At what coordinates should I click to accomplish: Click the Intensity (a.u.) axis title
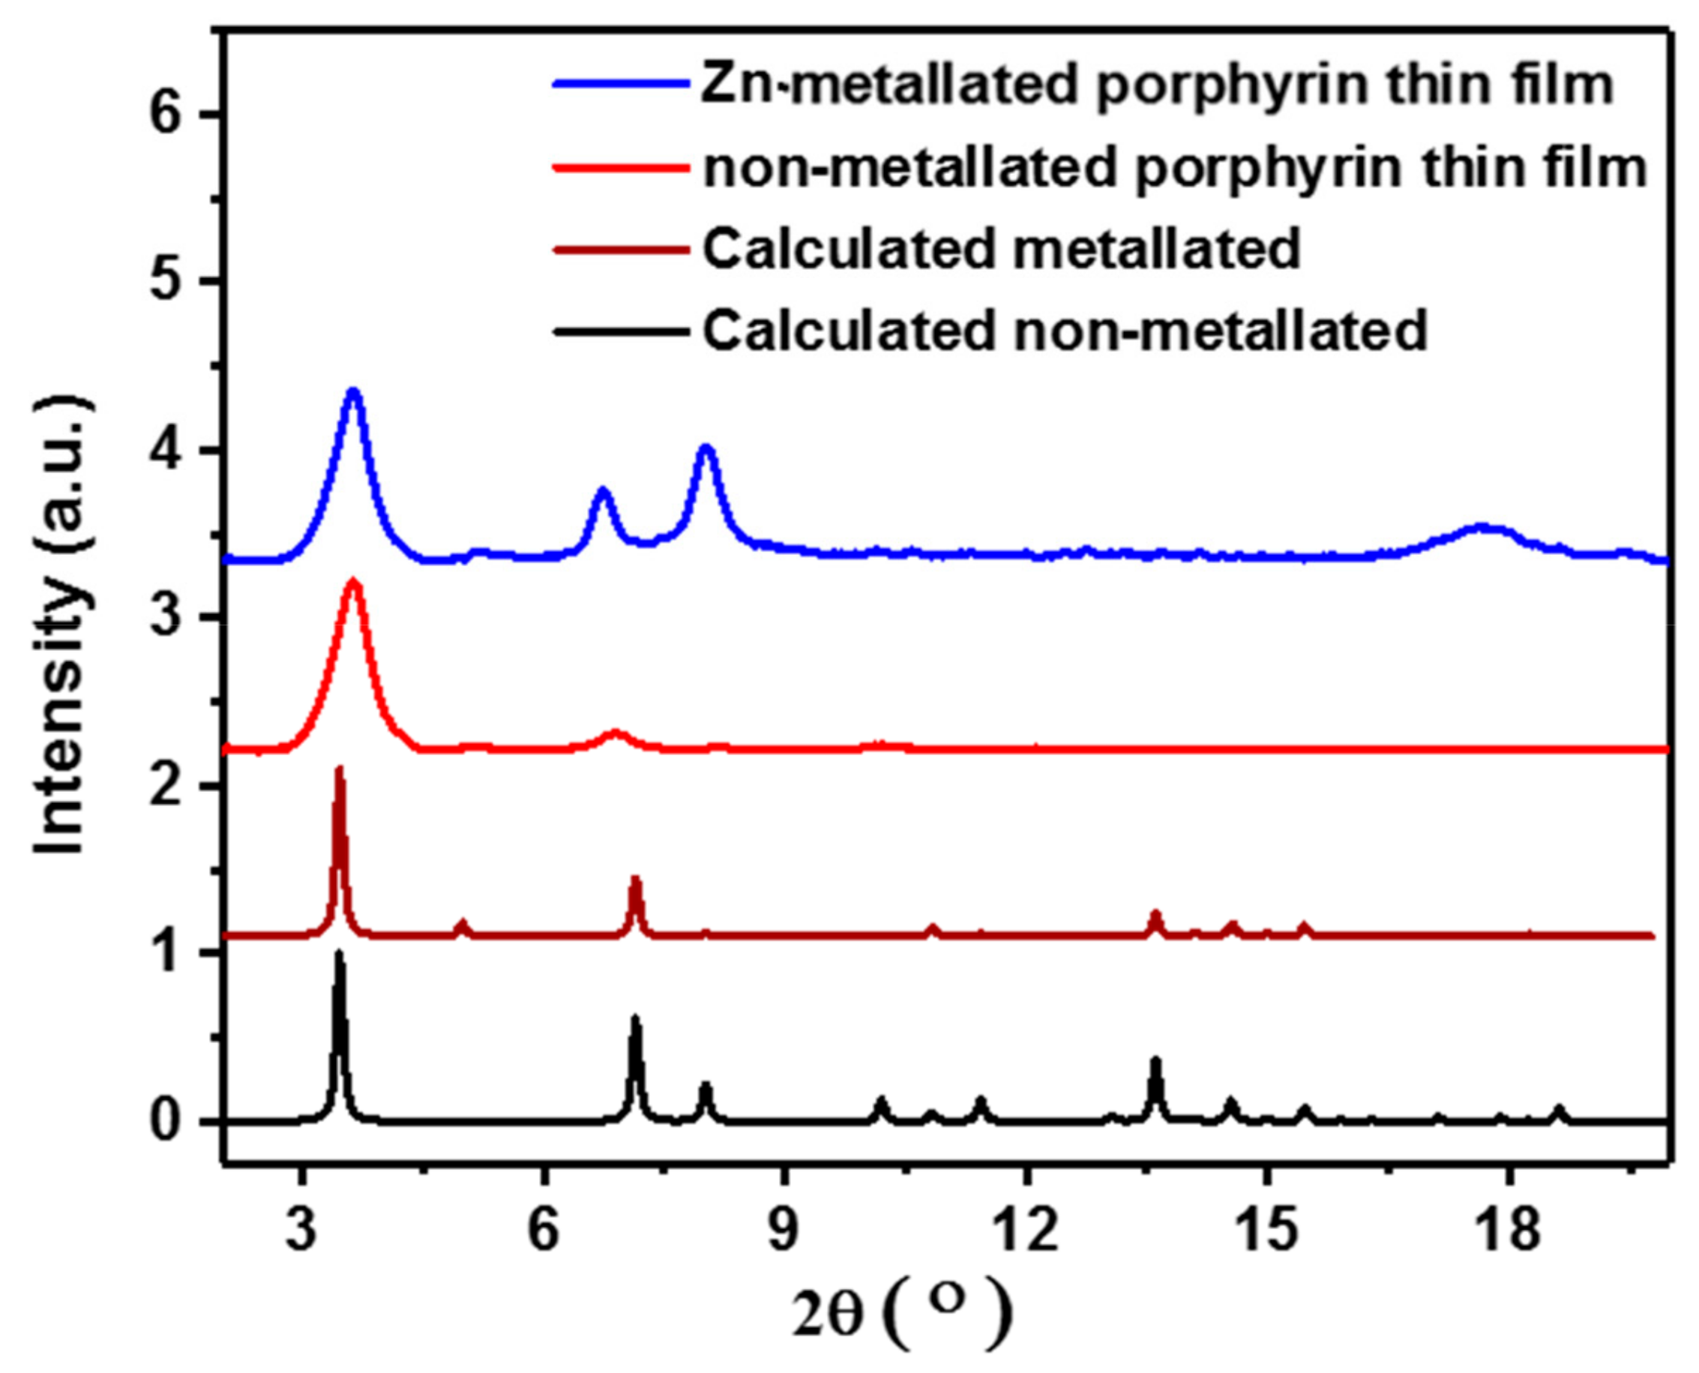click(61, 625)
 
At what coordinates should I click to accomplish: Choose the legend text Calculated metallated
click(1001, 248)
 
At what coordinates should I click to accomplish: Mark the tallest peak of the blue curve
click(353, 391)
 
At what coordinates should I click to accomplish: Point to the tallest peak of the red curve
click(353, 583)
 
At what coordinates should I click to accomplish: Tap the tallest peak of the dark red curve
click(340, 769)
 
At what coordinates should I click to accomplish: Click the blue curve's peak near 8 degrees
click(706, 449)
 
